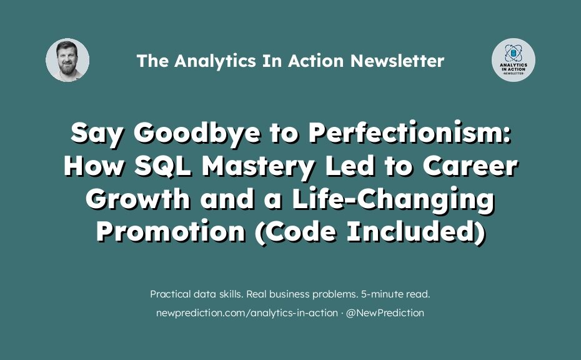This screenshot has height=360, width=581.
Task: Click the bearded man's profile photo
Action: [67, 60]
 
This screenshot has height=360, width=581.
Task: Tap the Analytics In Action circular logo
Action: [513, 60]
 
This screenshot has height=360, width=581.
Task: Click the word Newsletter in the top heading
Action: [397, 61]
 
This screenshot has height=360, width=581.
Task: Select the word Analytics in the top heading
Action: [215, 61]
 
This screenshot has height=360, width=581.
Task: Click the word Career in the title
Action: [470, 166]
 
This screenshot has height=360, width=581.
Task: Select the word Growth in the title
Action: [138, 199]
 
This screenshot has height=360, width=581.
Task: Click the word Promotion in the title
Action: [171, 232]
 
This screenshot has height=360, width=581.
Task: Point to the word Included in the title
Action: [415, 232]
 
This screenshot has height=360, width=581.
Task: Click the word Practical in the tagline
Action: [171, 294]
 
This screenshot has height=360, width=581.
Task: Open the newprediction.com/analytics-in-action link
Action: [247, 313]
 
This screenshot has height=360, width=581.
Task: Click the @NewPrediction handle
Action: [385, 313]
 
